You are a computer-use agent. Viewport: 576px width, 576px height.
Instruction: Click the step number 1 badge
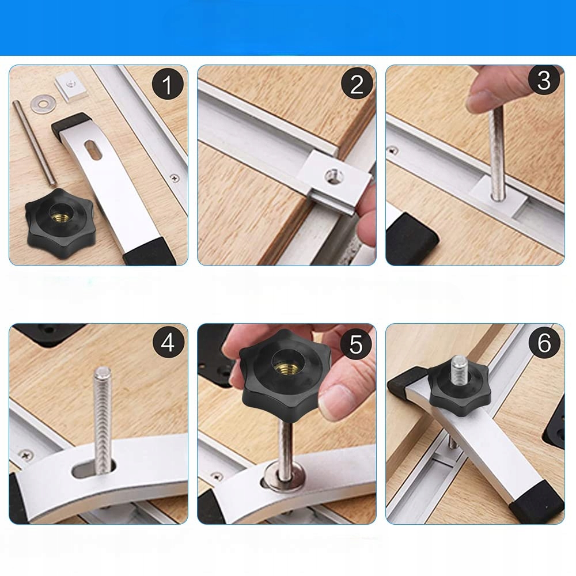point(168,84)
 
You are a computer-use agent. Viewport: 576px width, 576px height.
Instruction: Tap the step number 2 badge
point(357,84)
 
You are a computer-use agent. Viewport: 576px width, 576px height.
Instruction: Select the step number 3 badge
point(544,80)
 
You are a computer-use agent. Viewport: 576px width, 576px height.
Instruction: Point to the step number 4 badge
point(168,343)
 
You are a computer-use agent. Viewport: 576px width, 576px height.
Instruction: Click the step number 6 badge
point(544,343)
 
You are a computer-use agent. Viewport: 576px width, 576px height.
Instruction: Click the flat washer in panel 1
point(43,104)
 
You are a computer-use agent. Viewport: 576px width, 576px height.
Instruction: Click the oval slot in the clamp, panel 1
point(93,150)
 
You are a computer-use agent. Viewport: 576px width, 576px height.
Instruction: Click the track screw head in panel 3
point(393,150)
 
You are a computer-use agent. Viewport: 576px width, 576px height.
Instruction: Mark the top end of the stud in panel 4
point(102,370)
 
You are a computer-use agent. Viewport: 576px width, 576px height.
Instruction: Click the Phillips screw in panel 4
point(26,456)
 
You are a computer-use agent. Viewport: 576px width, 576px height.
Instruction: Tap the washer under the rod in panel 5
point(285,476)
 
